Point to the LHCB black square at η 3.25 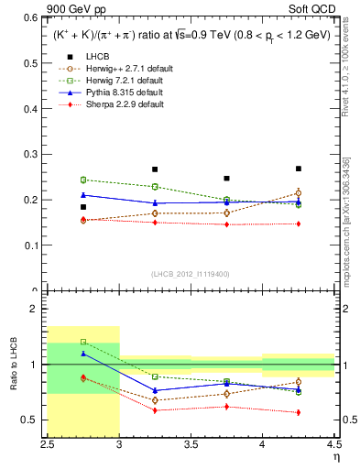coord(155,169)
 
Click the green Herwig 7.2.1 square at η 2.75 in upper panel coord(83,180)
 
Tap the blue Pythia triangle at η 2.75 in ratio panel coord(83,354)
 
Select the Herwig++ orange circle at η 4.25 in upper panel coord(298,193)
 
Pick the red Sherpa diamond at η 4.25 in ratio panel coord(298,412)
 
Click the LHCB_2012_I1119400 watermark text coord(190,274)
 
